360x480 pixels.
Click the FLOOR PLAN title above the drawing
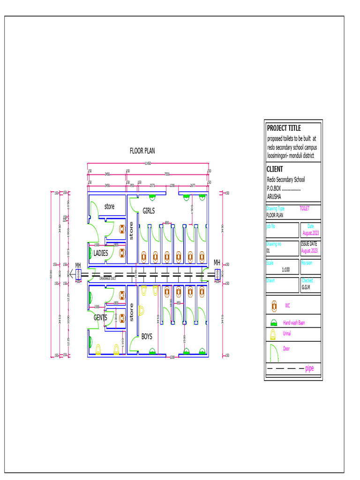(142, 151)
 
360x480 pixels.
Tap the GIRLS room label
(149, 211)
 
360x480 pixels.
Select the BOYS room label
(147, 337)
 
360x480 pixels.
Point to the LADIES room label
(101, 253)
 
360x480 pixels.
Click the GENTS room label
(100, 317)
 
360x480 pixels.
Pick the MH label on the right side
(217, 263)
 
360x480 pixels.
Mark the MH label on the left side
(78, 266)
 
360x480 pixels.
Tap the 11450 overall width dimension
(148, 163)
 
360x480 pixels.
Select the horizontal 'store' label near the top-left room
(109, 207)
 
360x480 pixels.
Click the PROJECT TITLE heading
(284, 128)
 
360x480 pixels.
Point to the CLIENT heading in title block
(275, 169)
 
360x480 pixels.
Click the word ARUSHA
(275, 197)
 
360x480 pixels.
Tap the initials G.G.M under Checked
(306, 287)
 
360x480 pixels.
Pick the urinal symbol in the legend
(273, 334)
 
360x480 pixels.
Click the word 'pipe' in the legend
(309, 369)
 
